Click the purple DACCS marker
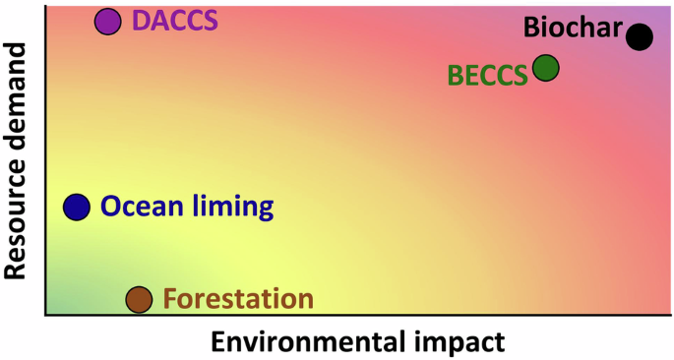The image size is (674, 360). [107, 21]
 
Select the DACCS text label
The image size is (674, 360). [174, 21]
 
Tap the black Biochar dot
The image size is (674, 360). [640, 37]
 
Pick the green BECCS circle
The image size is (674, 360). [545, 68]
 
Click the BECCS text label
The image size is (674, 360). [487, 76]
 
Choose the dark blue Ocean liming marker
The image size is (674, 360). [77, 207]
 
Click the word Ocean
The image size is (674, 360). [139, 207]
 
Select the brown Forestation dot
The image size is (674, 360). [139, 299]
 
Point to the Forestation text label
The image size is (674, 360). [238, 299]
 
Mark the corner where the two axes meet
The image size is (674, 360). [45, 315]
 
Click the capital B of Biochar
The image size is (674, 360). [532, 27]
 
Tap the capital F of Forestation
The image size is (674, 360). [169, 299]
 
